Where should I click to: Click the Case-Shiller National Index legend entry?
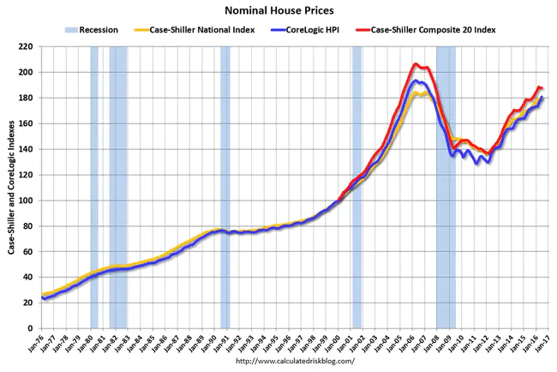click(208, 30)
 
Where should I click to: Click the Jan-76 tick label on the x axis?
click(44, 345)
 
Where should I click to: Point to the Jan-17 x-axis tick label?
click(545, 345)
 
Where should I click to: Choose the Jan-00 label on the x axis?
click(337, 345)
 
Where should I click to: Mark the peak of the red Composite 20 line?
click(416, 63)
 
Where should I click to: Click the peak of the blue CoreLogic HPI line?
click(416, 81)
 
